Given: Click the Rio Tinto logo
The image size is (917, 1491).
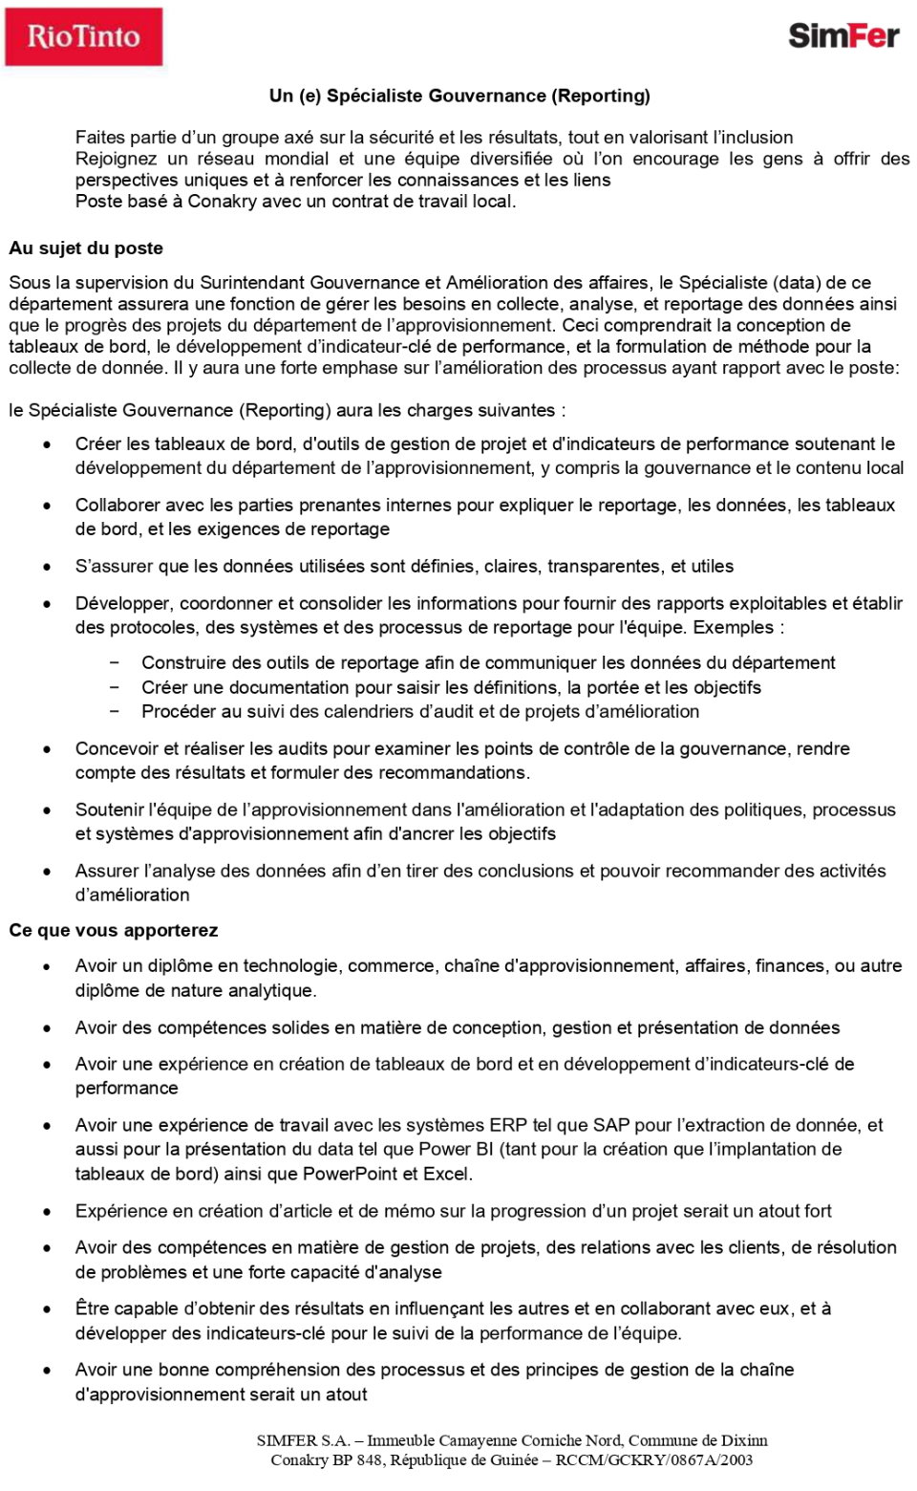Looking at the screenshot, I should coord(84,37).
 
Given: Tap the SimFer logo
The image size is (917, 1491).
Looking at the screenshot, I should coord(843,36).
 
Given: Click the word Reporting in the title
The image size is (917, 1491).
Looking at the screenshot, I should coord(602,96).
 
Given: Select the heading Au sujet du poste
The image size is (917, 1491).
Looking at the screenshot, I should coord(86,248).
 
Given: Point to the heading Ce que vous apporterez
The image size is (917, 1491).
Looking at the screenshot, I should coord(114,930).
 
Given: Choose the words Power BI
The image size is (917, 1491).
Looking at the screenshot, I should coord(457,1149).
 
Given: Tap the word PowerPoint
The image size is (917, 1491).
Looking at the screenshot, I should coord(350,1174).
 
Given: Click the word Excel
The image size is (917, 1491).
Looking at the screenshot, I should coord(448,1174).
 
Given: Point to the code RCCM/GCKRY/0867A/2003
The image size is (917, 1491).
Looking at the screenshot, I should coord(654,1459).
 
